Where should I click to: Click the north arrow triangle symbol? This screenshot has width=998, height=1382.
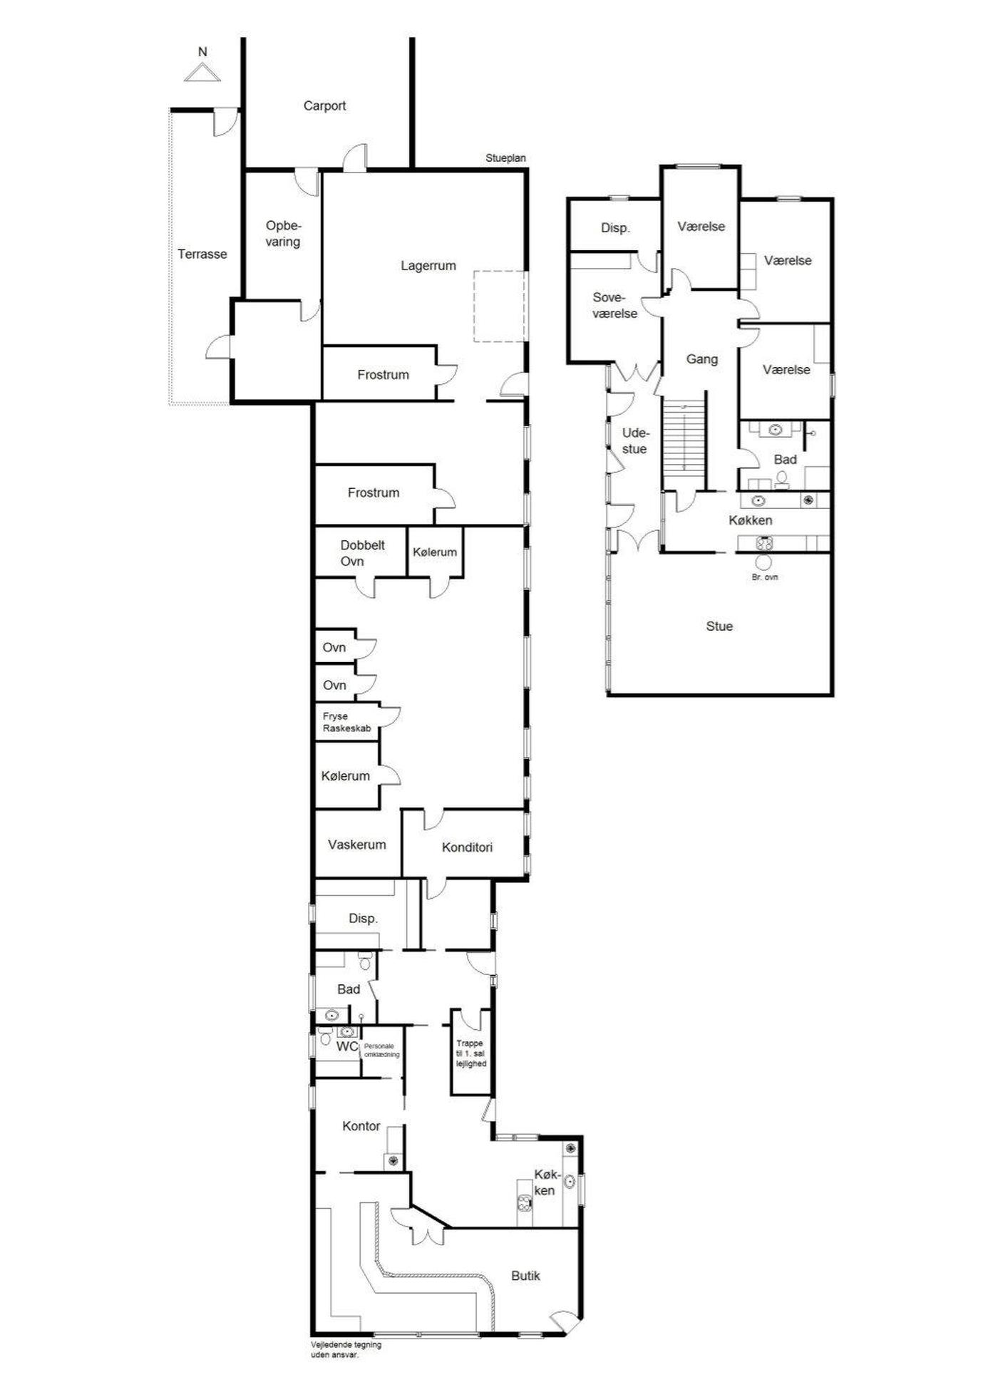tap(202, 73)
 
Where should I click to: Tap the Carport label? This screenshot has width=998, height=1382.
tap(324, 106)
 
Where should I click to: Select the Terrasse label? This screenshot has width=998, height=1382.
tap(202, 254)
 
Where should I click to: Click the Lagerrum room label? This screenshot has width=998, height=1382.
tap(428, 266)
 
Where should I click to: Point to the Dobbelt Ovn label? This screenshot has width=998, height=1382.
tap(362, 553)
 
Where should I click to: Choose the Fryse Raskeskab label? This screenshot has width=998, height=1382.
tap(347, 723)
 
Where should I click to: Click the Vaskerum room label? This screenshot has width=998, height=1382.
tap(356, 845)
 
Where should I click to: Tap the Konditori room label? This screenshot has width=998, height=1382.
tap(467, 847)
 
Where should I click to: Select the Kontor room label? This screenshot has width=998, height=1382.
tap(361, 1126)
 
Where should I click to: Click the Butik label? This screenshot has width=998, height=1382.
tap(525, 1276)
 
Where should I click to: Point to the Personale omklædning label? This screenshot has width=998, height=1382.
tap(381, 1051)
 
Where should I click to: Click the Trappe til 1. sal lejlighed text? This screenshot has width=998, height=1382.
tap(470, 1053)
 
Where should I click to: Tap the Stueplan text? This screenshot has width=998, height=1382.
tap(505, 158)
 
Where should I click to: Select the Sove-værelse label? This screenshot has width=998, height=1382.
tap(614, 305)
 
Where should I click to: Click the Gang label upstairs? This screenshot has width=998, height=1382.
tap(701, 359)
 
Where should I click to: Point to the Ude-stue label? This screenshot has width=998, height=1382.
tap(634, 441)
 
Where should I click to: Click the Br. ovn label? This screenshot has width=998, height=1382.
tap(765, 577)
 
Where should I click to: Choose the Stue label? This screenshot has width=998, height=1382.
tap(719, 626)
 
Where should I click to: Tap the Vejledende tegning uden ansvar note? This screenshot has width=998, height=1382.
tap(346, 1350)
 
